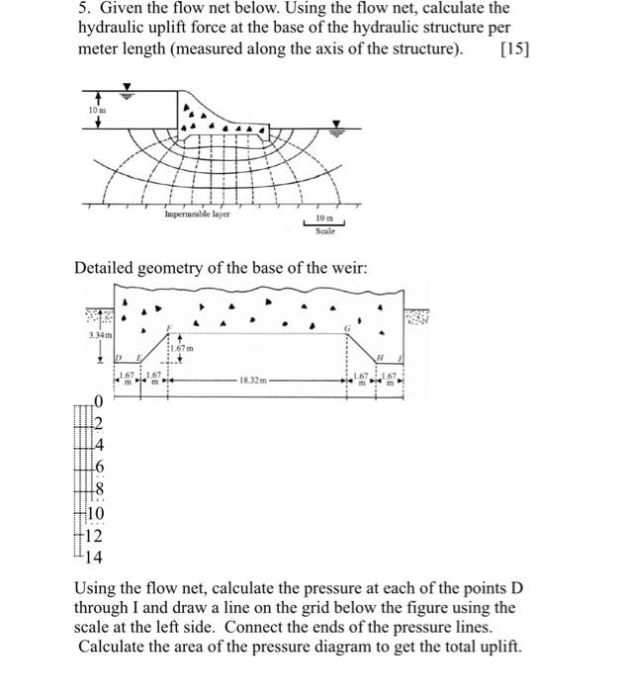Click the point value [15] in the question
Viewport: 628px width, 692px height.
point(514,49)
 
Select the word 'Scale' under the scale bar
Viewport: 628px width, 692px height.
point(325,230)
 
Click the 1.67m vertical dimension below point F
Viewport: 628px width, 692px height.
point(181,348)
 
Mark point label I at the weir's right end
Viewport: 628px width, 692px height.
point(400,357)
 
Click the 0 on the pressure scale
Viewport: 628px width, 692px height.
point(98,400)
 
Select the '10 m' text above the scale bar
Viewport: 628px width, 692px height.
point(325,216)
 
